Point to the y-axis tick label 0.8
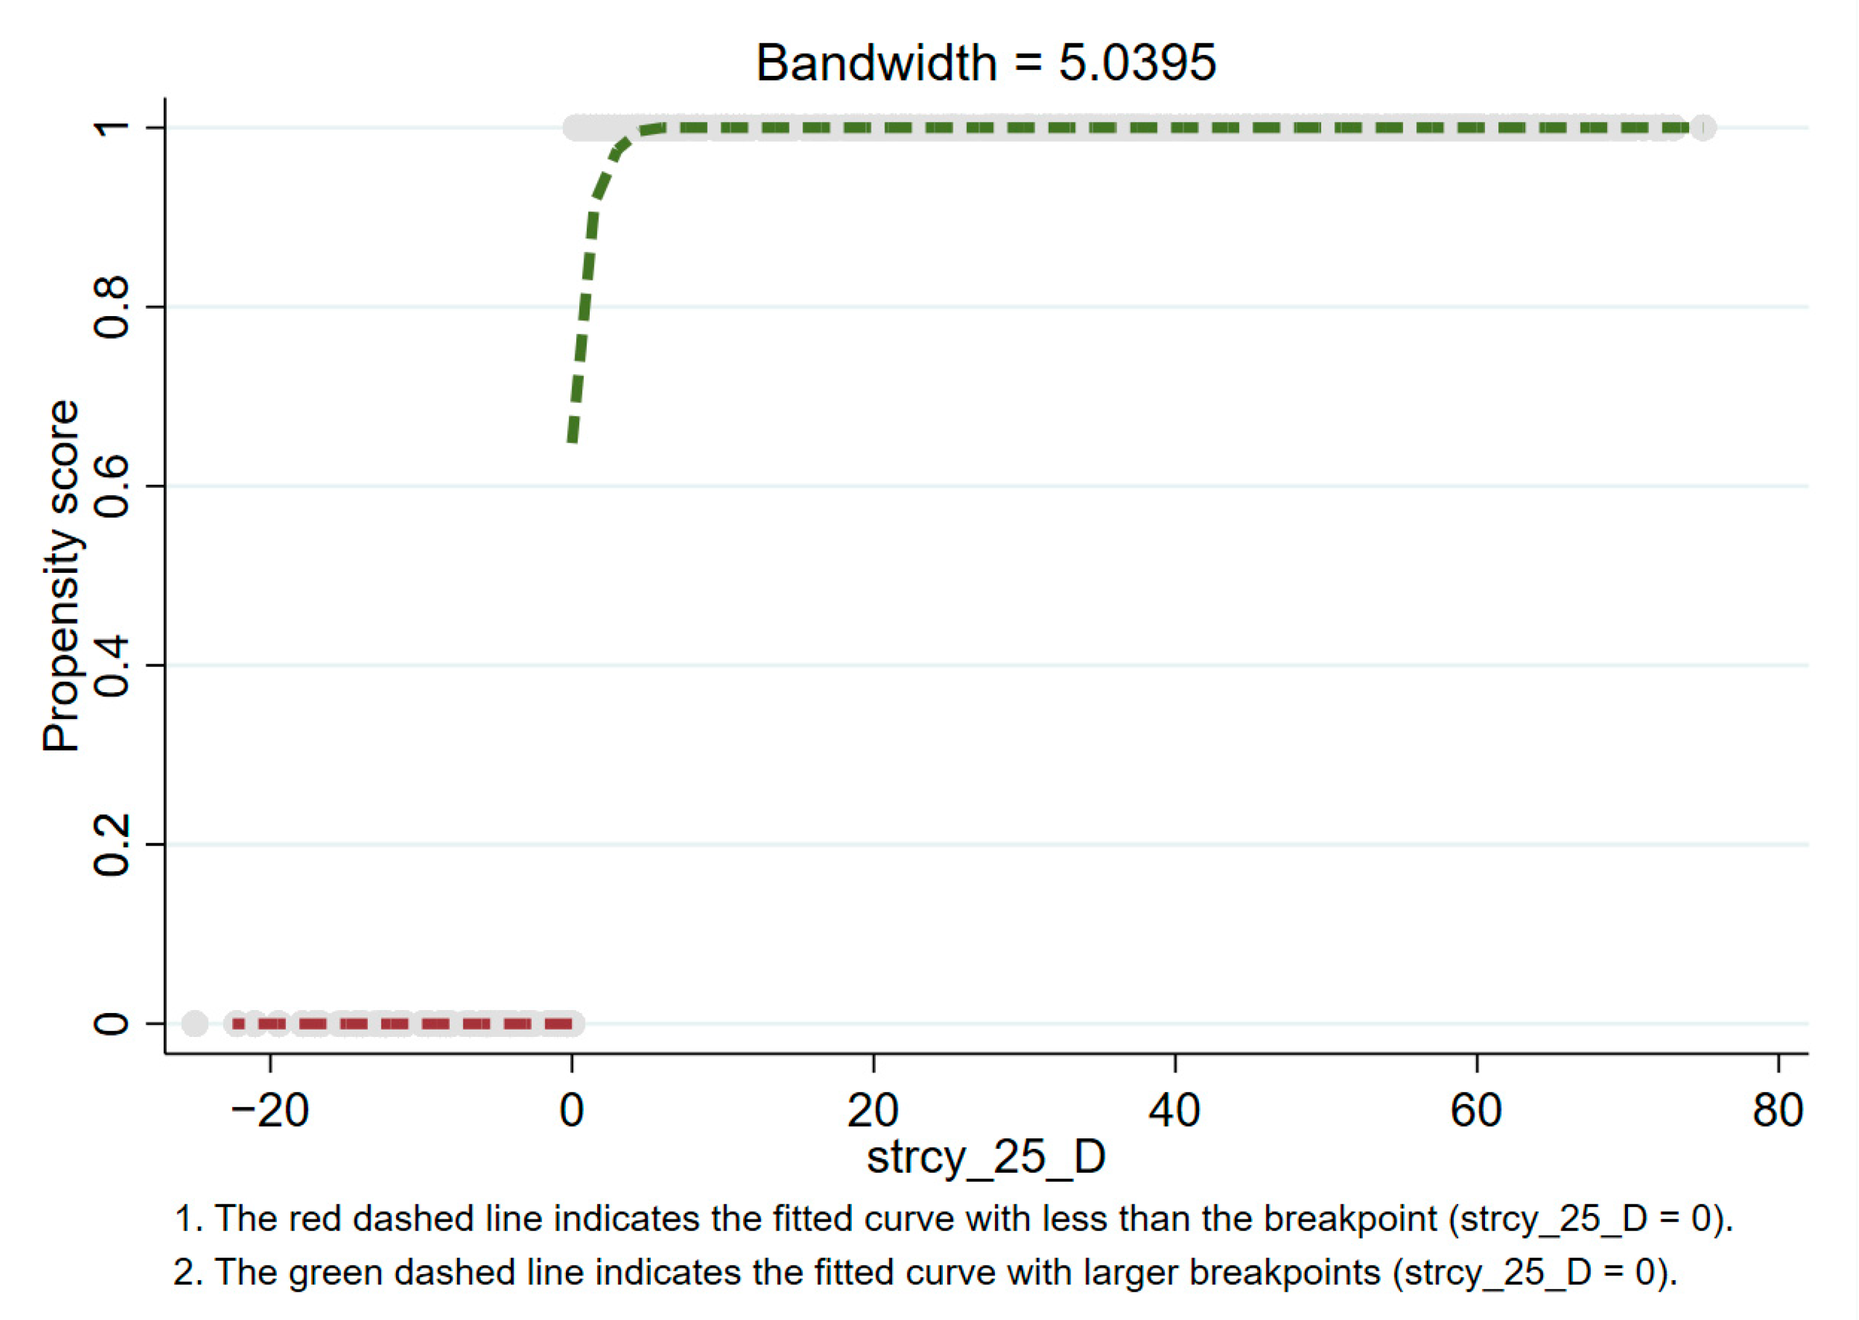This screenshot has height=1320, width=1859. tap(111, 308)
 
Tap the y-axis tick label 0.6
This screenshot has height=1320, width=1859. tap(111, 486)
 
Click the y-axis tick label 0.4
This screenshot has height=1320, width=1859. tap(111, 666)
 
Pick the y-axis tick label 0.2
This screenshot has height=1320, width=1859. tap(111, 844)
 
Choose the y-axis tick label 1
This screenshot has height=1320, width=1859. tap(111, 128)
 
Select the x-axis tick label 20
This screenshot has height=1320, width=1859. tap(873, 1110)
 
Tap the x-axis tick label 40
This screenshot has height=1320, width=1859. tap(1174, 1110)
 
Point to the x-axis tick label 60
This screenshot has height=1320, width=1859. tap(1475, 1110)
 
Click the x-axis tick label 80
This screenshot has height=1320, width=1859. tap(1778, 1110)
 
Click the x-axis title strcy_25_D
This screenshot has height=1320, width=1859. tap(986, 1157)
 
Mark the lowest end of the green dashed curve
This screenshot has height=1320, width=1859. tap(573, 439)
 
